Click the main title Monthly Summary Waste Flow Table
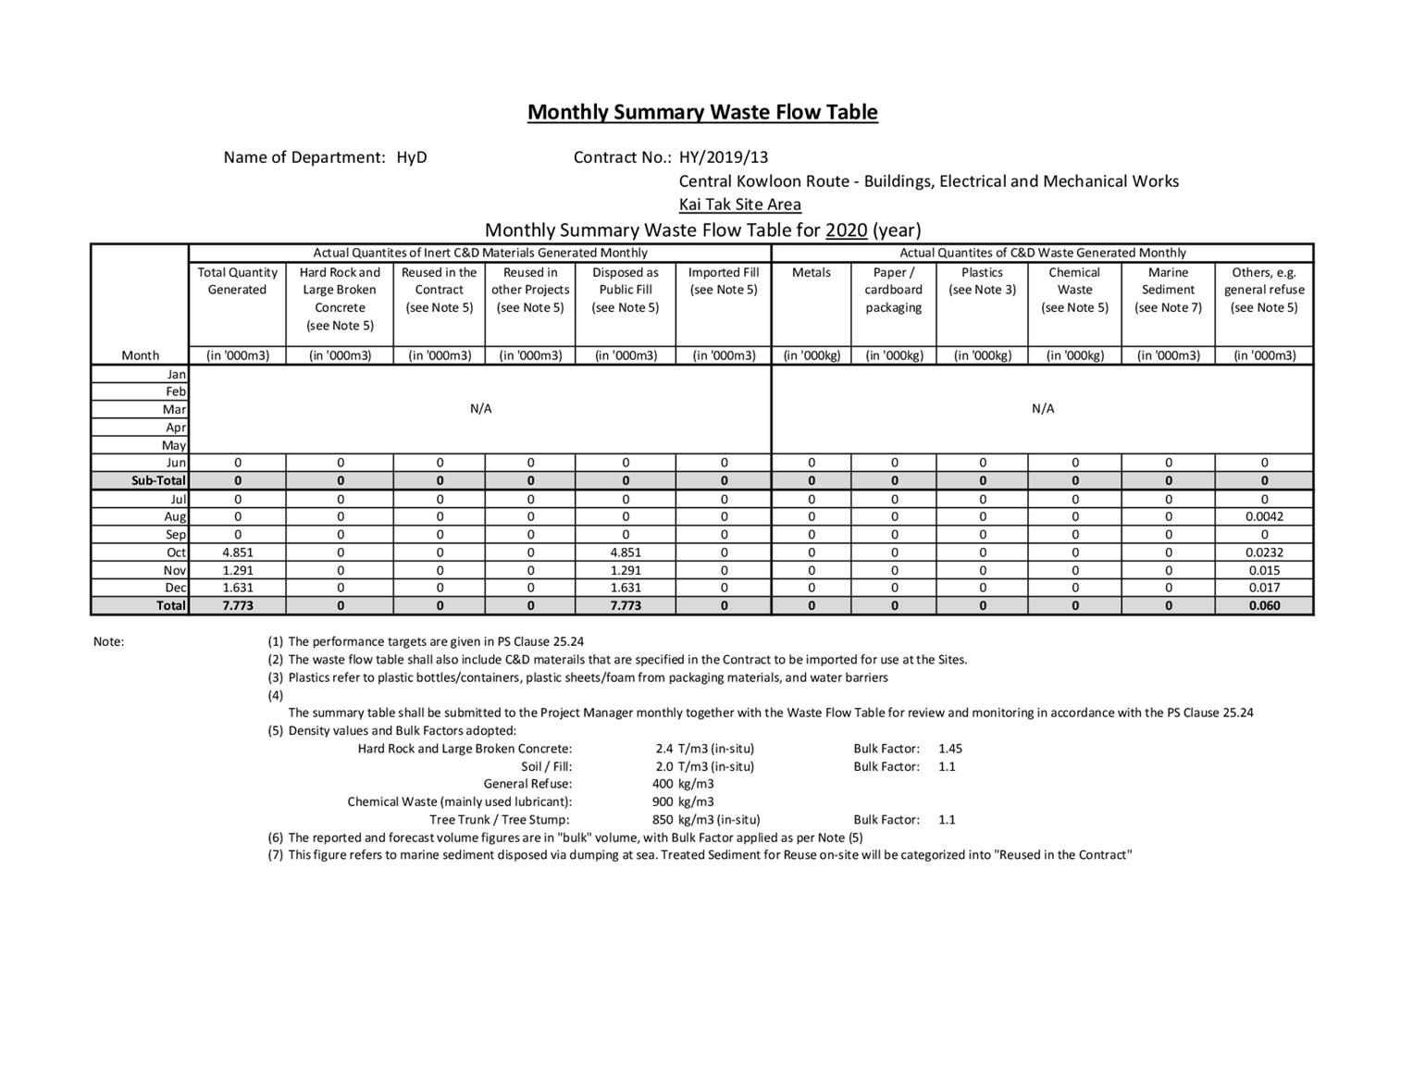(702, 112)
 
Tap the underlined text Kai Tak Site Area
(739, 205)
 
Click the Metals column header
(811, 272)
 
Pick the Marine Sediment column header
(1168, 290)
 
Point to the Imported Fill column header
(724, 280)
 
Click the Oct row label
(176, 552)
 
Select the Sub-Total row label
(158, 480)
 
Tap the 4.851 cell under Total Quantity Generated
(238, 552)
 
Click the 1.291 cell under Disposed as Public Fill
(626, 570)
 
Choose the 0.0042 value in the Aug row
(1264, 516)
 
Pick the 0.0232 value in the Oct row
(1264, 552)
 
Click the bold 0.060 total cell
(1264, 605)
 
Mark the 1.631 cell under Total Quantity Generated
(238, 588)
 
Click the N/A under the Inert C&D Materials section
(480, 409)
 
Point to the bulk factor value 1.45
(950, 749)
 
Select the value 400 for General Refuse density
(663, 784)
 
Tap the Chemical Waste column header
(1074, 290)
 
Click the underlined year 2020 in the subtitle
(847, 230)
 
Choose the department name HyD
(412, 157)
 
